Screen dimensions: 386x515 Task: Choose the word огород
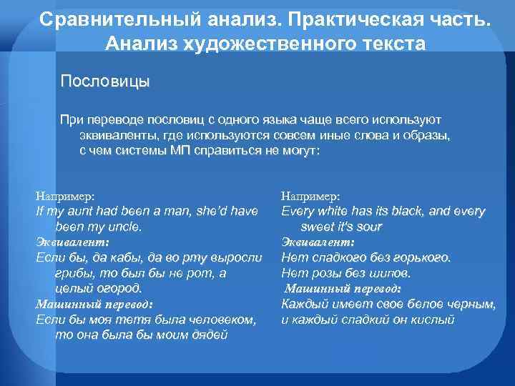click(119, 288)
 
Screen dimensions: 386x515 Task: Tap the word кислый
click(431, 319)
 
